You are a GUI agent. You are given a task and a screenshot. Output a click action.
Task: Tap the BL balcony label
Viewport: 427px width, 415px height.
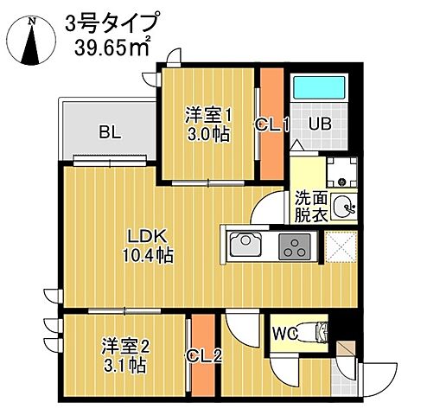[x=109, y=132]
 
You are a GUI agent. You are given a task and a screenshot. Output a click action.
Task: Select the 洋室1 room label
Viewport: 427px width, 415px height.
[x=206, y=113]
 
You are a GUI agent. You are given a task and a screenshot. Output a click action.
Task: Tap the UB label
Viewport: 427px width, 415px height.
[x=320, y=124]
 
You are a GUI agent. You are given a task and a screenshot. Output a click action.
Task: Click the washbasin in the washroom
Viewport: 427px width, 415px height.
[x=344, y=206]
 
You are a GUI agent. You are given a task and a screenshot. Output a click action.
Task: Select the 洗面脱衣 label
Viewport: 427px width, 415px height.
[x=309, y=206]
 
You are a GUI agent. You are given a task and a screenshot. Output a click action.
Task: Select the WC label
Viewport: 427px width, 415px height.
[x=285, y=332]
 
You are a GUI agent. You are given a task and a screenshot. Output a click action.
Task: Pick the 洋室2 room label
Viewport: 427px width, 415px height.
[x=122, y=345]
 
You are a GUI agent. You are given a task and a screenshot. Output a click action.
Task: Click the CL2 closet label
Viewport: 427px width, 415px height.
[x=204, y=354]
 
